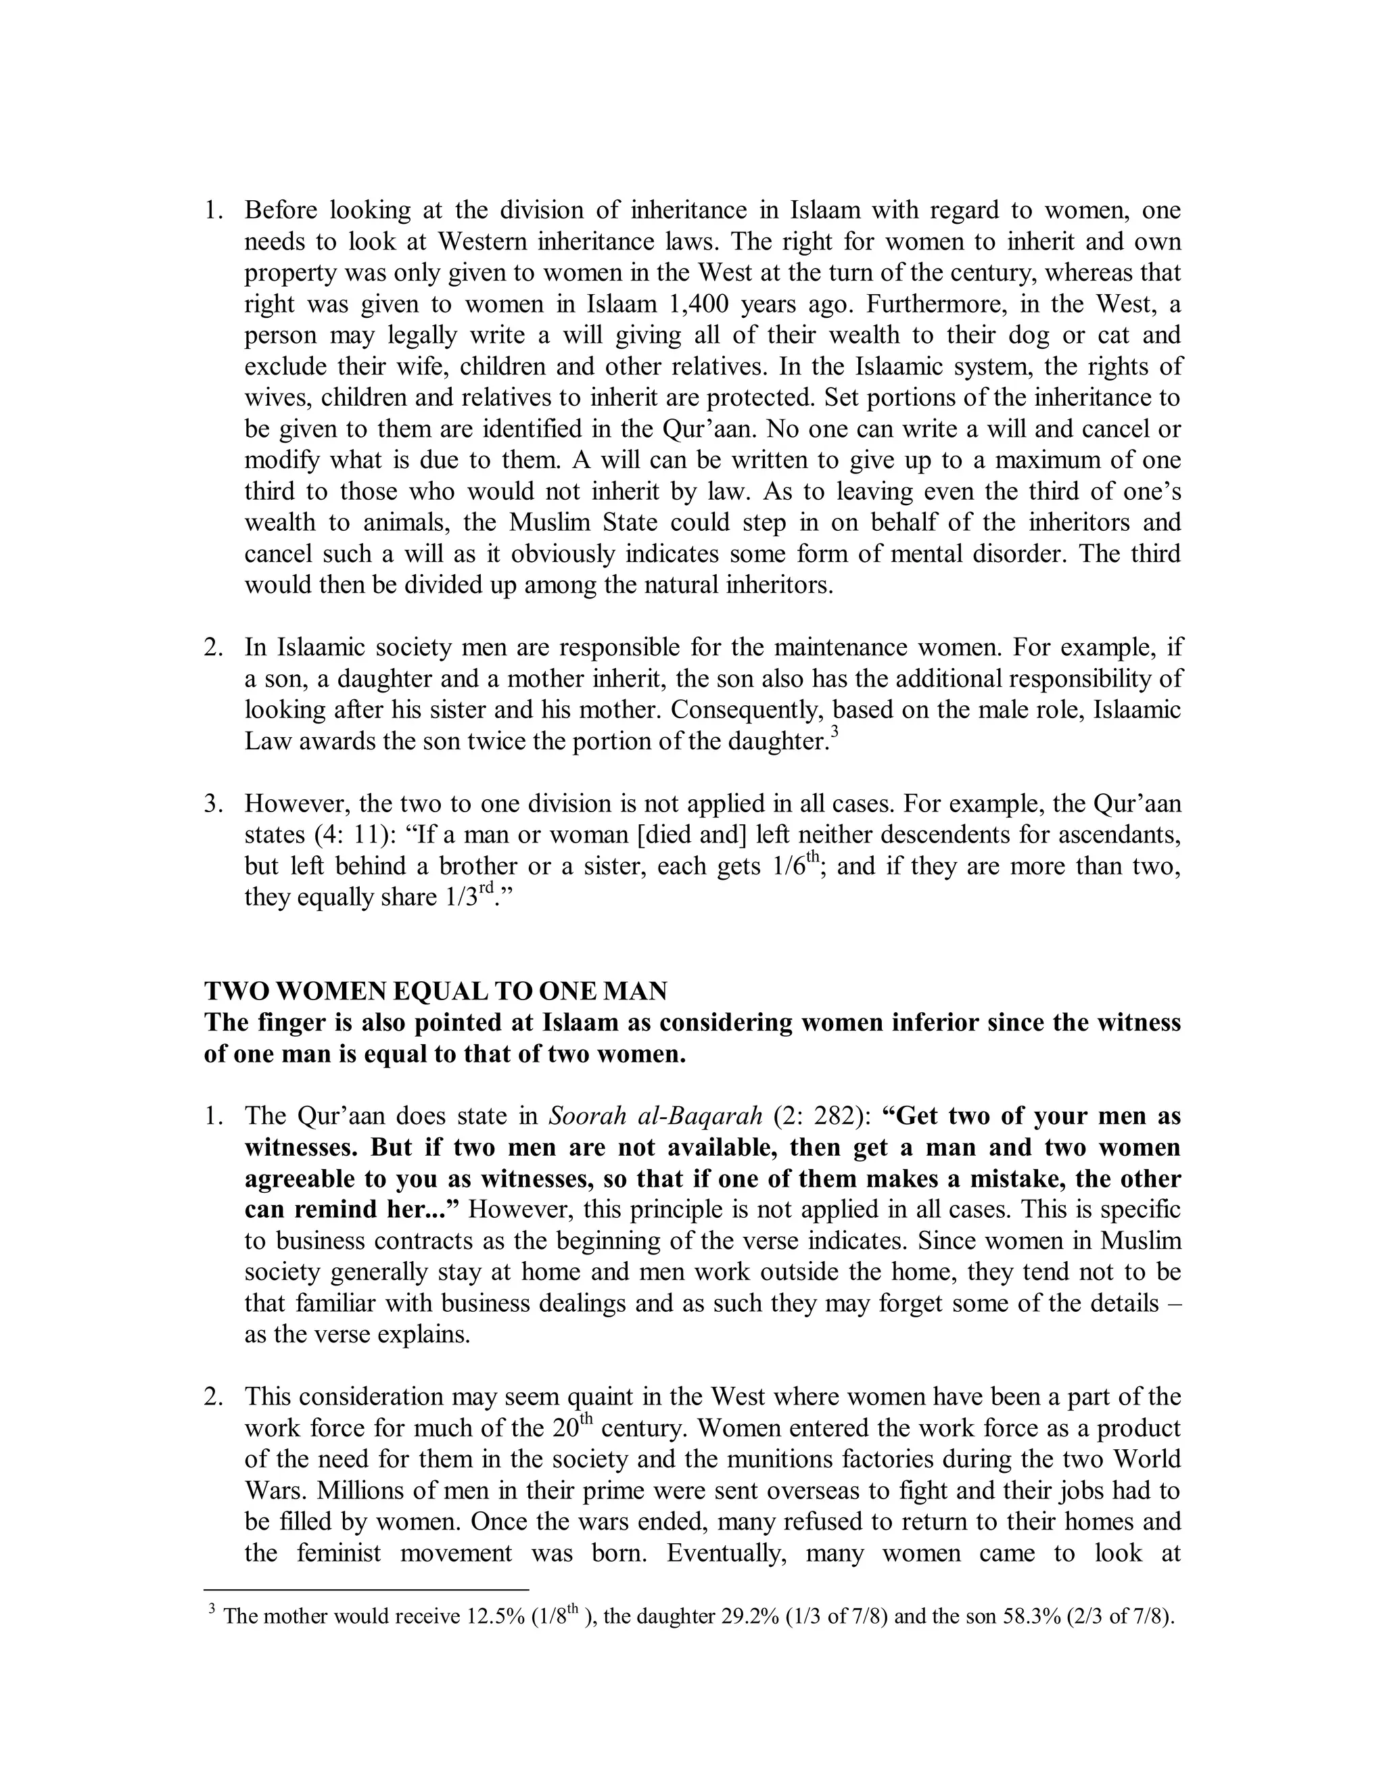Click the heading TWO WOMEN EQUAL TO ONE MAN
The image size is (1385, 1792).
click(x=435, y=991)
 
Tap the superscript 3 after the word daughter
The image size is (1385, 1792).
click(x=835, y=734)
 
